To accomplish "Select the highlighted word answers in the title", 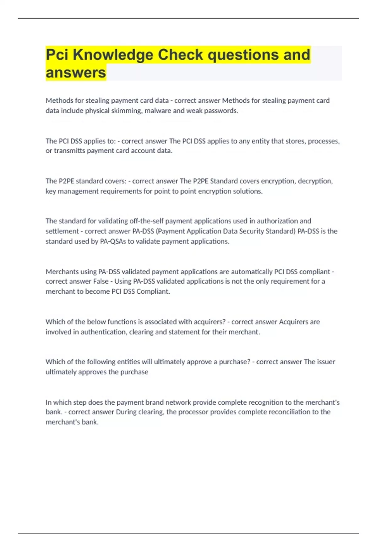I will tap(76, 73).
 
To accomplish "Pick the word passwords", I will tap(221, 111).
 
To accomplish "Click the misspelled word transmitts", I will tap(69, 151).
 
